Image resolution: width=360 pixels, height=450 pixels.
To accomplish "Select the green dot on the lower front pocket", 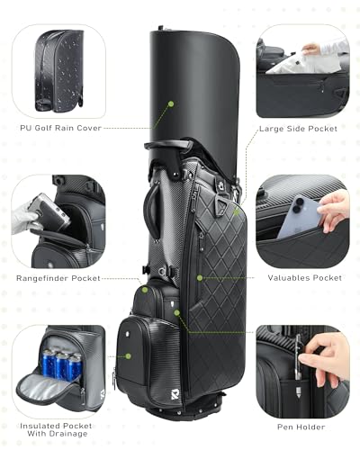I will [x=129, y=355].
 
